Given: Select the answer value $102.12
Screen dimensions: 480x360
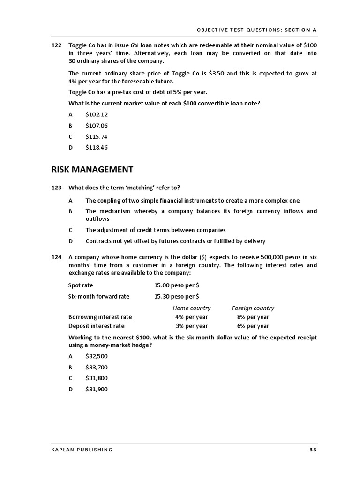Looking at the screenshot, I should pos(97,114).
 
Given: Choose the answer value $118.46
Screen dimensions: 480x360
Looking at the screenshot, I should pos(97,147).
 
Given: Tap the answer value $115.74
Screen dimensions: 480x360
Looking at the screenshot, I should pos(97,136).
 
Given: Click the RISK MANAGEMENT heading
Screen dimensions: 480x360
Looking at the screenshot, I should pos(92,169).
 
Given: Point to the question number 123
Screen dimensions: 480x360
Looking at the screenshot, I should pos(56,187).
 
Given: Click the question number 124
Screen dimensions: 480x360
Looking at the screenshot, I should pos(56,257).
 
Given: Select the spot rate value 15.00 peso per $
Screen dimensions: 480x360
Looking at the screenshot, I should pos(176,285).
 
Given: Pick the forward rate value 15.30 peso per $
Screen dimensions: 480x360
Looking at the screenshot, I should pos(176,296).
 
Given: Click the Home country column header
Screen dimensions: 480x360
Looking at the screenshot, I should pos(192,308).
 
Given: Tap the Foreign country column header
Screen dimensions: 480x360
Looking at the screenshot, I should pos(253,308).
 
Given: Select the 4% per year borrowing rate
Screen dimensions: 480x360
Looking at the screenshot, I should pos(191,317).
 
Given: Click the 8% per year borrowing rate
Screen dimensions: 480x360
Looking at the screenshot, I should pos(253,317).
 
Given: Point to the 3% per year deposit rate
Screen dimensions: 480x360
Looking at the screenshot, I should pos(191,326).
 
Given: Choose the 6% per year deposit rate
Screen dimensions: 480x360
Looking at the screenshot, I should pos(253,326).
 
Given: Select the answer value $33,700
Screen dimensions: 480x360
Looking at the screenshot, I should pos(97,367).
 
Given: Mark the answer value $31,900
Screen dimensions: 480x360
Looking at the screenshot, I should pos(97,389).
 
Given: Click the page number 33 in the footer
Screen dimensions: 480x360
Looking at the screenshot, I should pos(313,450).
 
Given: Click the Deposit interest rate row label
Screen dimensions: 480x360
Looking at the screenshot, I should pos(97,326).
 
